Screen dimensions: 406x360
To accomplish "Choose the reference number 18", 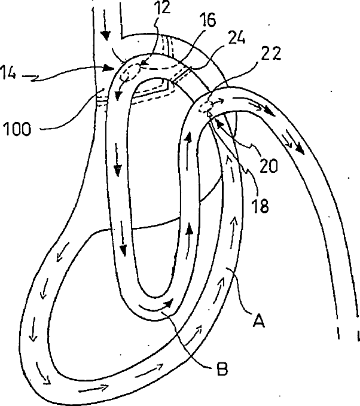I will pos(259,207).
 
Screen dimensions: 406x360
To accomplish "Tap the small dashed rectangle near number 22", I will pos(207,107).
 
